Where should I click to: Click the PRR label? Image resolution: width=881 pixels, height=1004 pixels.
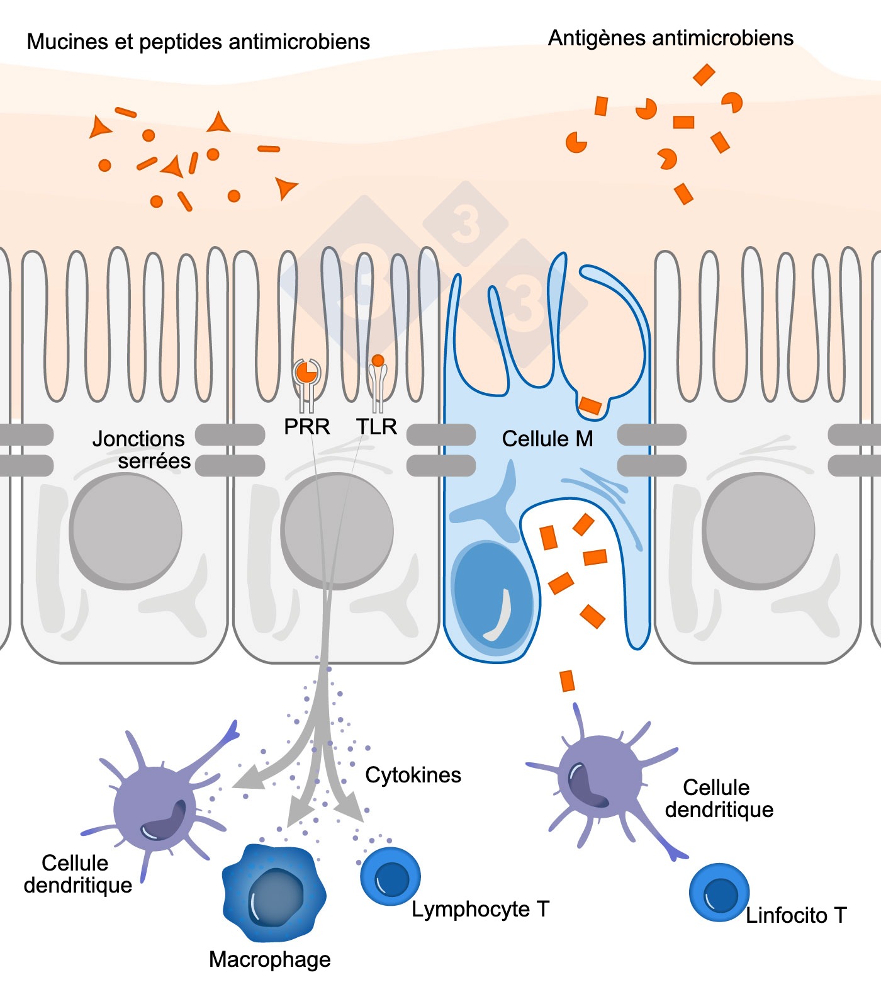[306, 427]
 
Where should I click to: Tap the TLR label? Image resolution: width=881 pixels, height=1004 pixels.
[376, 427]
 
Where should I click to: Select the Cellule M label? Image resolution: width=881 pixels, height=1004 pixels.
[547, 439]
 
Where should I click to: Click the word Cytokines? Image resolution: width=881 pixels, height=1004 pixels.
[413, 775]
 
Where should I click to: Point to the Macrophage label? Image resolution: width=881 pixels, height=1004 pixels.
[269, 959]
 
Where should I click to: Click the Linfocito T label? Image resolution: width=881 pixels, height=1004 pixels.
[796, 915]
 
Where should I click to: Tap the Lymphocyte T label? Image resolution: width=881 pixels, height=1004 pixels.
[480, 909]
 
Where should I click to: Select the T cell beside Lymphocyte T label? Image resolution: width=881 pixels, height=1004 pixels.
[390, 876]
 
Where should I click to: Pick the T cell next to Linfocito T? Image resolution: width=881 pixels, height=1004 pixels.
[719, 893]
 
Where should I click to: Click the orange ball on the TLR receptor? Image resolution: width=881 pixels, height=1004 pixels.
[378, 361]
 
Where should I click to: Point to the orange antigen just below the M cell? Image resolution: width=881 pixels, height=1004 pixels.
[567, 681]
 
